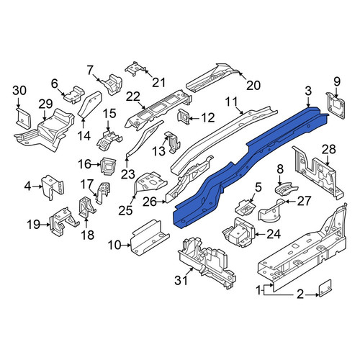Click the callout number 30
click(19, 91)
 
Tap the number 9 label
click(337, 81)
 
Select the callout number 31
click(181, 280)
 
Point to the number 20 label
click(253, 85)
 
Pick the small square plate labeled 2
click(325, 288)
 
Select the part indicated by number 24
click(239, 232)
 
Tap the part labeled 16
click(108, 166)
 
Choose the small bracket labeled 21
click(135, 68)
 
